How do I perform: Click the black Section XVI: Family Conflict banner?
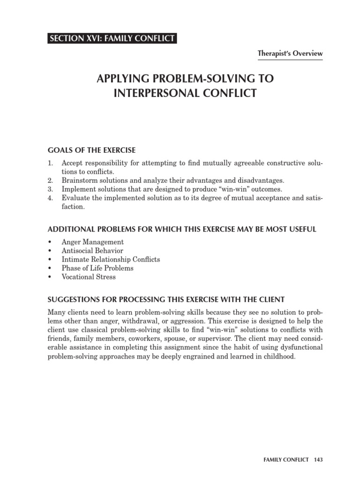112,39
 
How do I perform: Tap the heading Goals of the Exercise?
92,150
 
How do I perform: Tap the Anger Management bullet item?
92,242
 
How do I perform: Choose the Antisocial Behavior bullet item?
92,251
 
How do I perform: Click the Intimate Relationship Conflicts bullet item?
111,259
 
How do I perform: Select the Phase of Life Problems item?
97,268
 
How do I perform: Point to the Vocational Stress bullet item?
89,277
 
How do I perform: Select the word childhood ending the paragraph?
280,356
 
